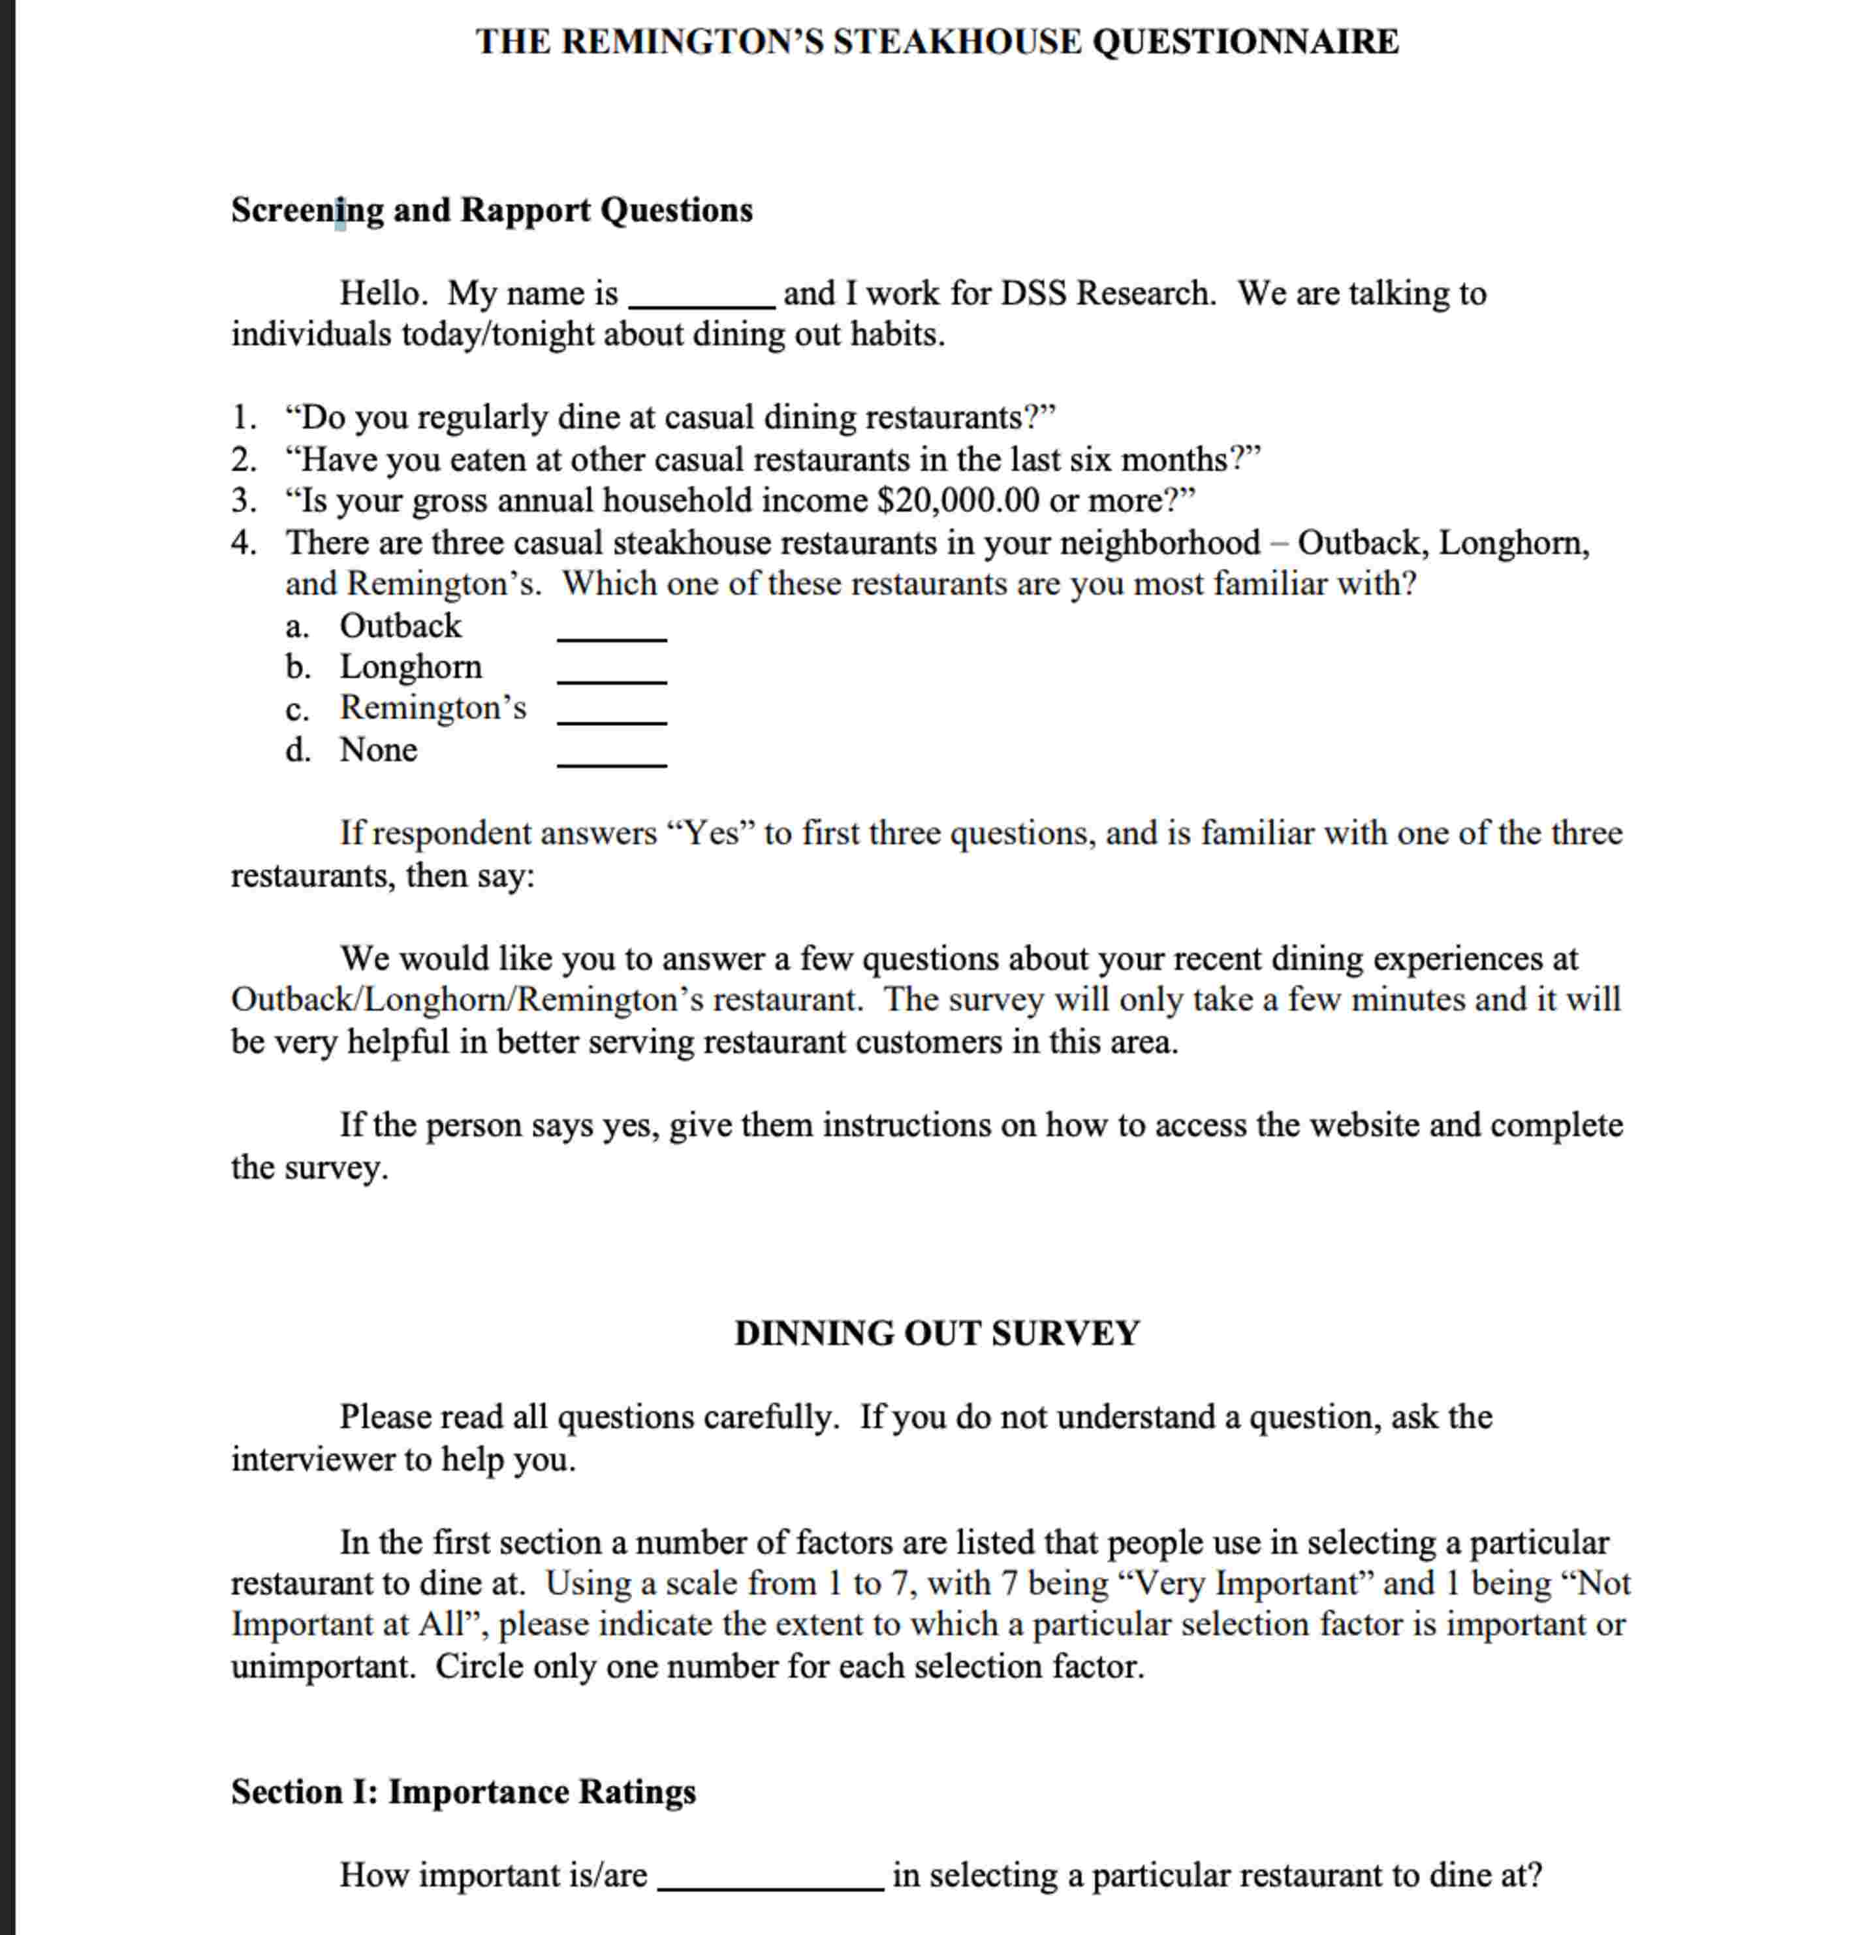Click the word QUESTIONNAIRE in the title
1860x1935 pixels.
1245,42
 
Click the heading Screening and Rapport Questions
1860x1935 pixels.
491,210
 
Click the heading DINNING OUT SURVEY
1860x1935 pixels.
936,1333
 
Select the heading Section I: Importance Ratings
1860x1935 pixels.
463,1791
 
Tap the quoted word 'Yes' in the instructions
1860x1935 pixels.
711,833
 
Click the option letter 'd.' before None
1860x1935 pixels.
297,750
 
